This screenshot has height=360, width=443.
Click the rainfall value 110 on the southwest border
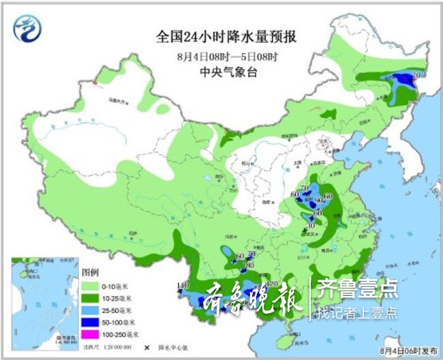point(182,284)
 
